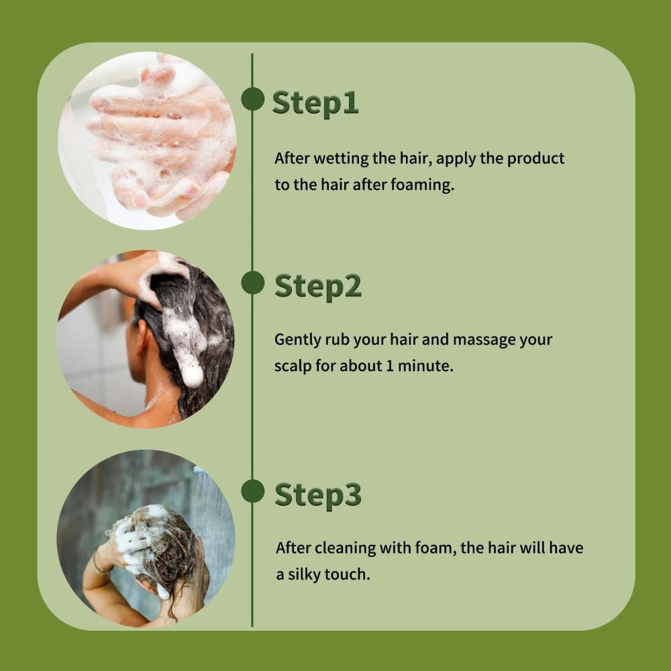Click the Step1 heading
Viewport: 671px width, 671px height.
pyautogui.click(x=315, y=103)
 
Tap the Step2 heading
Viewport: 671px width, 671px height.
pyautogui.click(x=318, y=287)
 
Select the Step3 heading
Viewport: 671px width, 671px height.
pyautogui.click(x=318, y=495)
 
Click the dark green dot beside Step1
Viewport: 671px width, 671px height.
pyautogui.click(x=252, y=99)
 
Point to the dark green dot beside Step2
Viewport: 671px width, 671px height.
pyautogui.click(x=252, y=282)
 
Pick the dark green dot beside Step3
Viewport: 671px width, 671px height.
pyautogui.click(x=252, y=491)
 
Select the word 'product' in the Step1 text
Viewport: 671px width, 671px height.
pyautogui.click(x=535, y=159)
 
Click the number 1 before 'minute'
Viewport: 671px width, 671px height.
pyautogui.click(x=389, y=366)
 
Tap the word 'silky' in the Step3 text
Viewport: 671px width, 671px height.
pyautogui.click(x=304, y=574)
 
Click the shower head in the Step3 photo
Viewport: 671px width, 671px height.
pyautogui.click(x=201, y=471)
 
